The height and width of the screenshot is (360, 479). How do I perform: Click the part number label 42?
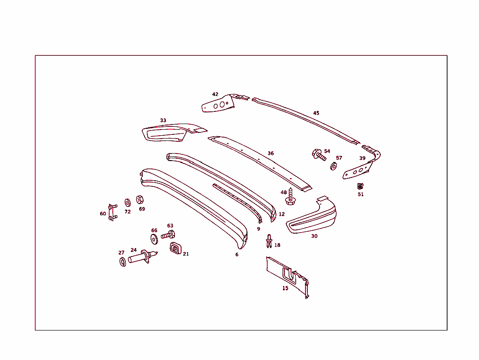click(x=215, y=94)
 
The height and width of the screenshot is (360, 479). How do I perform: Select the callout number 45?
click(x=316, y=113)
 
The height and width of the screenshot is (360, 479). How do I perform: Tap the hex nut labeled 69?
click(x=140, y=199)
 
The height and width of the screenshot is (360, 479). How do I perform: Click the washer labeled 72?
click(x=128, y=203)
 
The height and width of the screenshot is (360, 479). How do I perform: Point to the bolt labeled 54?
click(x=319, y=154)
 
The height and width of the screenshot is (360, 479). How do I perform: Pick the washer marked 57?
click(x=334, y=167)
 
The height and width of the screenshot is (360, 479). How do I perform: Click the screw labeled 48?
click(x=290, y=197)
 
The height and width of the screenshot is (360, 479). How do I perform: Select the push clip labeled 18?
click(x=269, y=241)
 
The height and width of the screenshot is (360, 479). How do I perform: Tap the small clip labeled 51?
click(x=360, y=186)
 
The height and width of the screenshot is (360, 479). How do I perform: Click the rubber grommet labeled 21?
click(x=175, y=248)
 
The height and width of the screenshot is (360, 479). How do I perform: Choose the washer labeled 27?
click(x=123, y=262)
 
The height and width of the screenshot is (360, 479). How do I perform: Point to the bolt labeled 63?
click(x=168, y=235)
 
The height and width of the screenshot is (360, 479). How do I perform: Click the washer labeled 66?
click(x=154, y=239)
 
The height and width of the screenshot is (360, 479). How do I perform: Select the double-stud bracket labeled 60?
click(x=112, y=212)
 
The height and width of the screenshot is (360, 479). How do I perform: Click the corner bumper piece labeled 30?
click(x=311, y=216)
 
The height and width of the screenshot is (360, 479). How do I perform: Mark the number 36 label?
click(x=271, y=154)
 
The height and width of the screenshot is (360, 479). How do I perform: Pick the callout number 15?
click(x=285, y=288)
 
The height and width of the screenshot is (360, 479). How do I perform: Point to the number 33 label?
click(x=163, y=120)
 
